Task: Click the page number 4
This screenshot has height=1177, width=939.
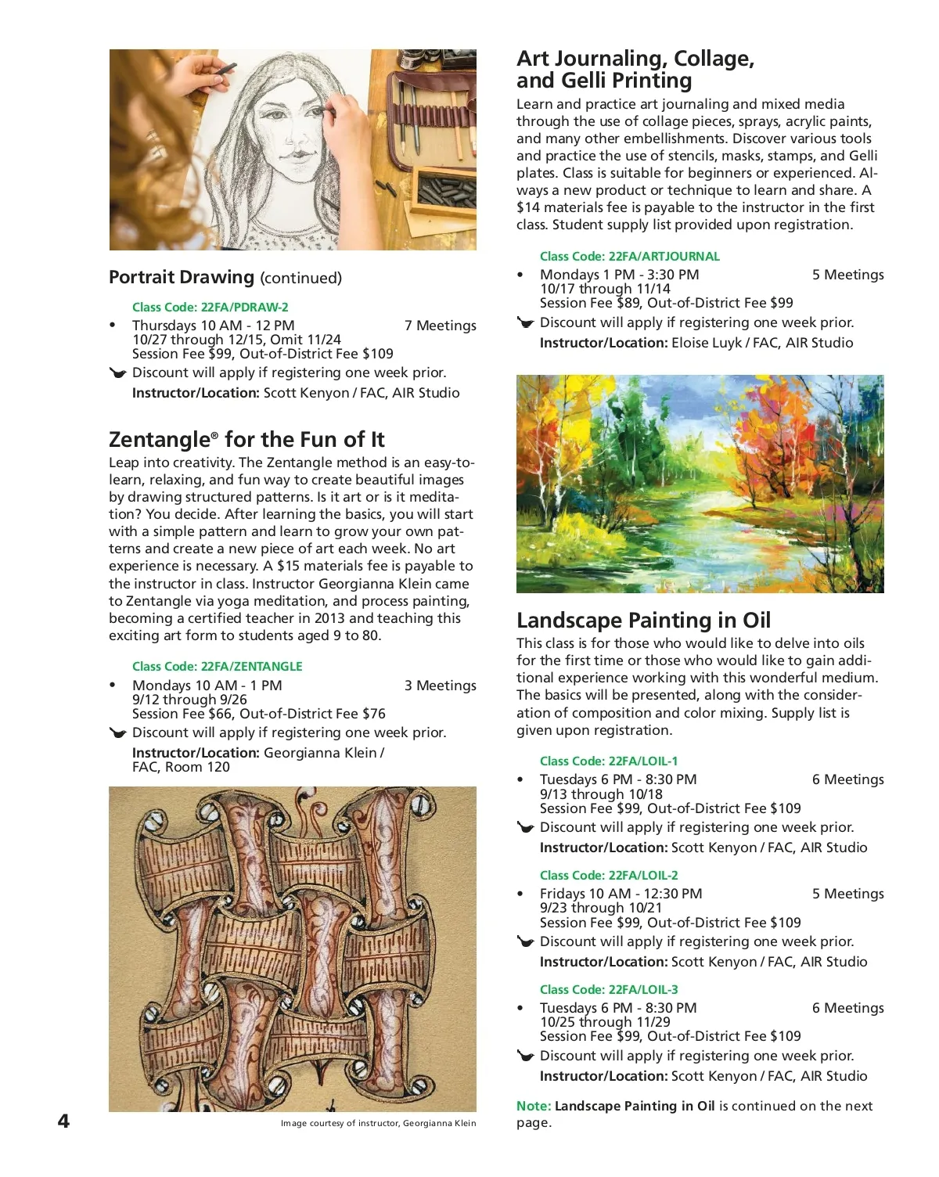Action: point(63,1121)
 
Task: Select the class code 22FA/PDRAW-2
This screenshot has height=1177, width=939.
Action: point(210,307)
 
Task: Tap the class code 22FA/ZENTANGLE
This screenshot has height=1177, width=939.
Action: point(217,666)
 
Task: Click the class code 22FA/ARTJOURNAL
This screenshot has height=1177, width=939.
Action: point(629,256)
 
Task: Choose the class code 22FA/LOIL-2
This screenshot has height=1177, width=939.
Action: point(609,875)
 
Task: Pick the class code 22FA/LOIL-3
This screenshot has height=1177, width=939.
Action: point(609,989)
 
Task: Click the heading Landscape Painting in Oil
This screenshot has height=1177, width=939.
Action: point(643,620)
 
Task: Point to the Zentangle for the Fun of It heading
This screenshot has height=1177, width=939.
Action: point(246,439)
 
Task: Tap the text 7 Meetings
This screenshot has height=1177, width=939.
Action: point(440,326)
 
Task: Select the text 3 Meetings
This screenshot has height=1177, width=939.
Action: point(440,686)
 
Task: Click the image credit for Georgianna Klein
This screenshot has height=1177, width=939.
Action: point(378,1123)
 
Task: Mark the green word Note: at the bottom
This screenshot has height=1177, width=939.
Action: point(534,1106)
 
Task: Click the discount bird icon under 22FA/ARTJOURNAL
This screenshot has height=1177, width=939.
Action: point(526,322)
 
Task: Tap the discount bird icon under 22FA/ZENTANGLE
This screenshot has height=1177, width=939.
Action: point(118,733)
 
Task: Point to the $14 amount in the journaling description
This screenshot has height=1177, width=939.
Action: point(528,207)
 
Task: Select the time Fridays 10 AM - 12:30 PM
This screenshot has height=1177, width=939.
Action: point(621,894)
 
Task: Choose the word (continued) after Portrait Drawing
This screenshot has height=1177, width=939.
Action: point(300,278)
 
